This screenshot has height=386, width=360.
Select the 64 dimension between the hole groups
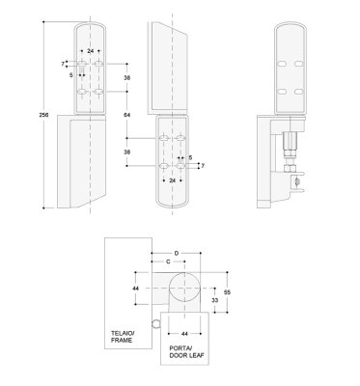point(127,116)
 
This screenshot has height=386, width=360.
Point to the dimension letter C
point(169,262)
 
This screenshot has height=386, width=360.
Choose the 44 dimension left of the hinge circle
point(136,289)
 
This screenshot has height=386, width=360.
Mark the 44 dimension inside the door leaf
point(183,333)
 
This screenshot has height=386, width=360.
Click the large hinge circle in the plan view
point(181,289)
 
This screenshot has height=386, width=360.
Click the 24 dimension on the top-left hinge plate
point(90,50)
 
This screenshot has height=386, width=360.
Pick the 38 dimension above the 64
point(127,77)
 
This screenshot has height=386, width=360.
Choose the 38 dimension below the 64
point(127,152)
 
